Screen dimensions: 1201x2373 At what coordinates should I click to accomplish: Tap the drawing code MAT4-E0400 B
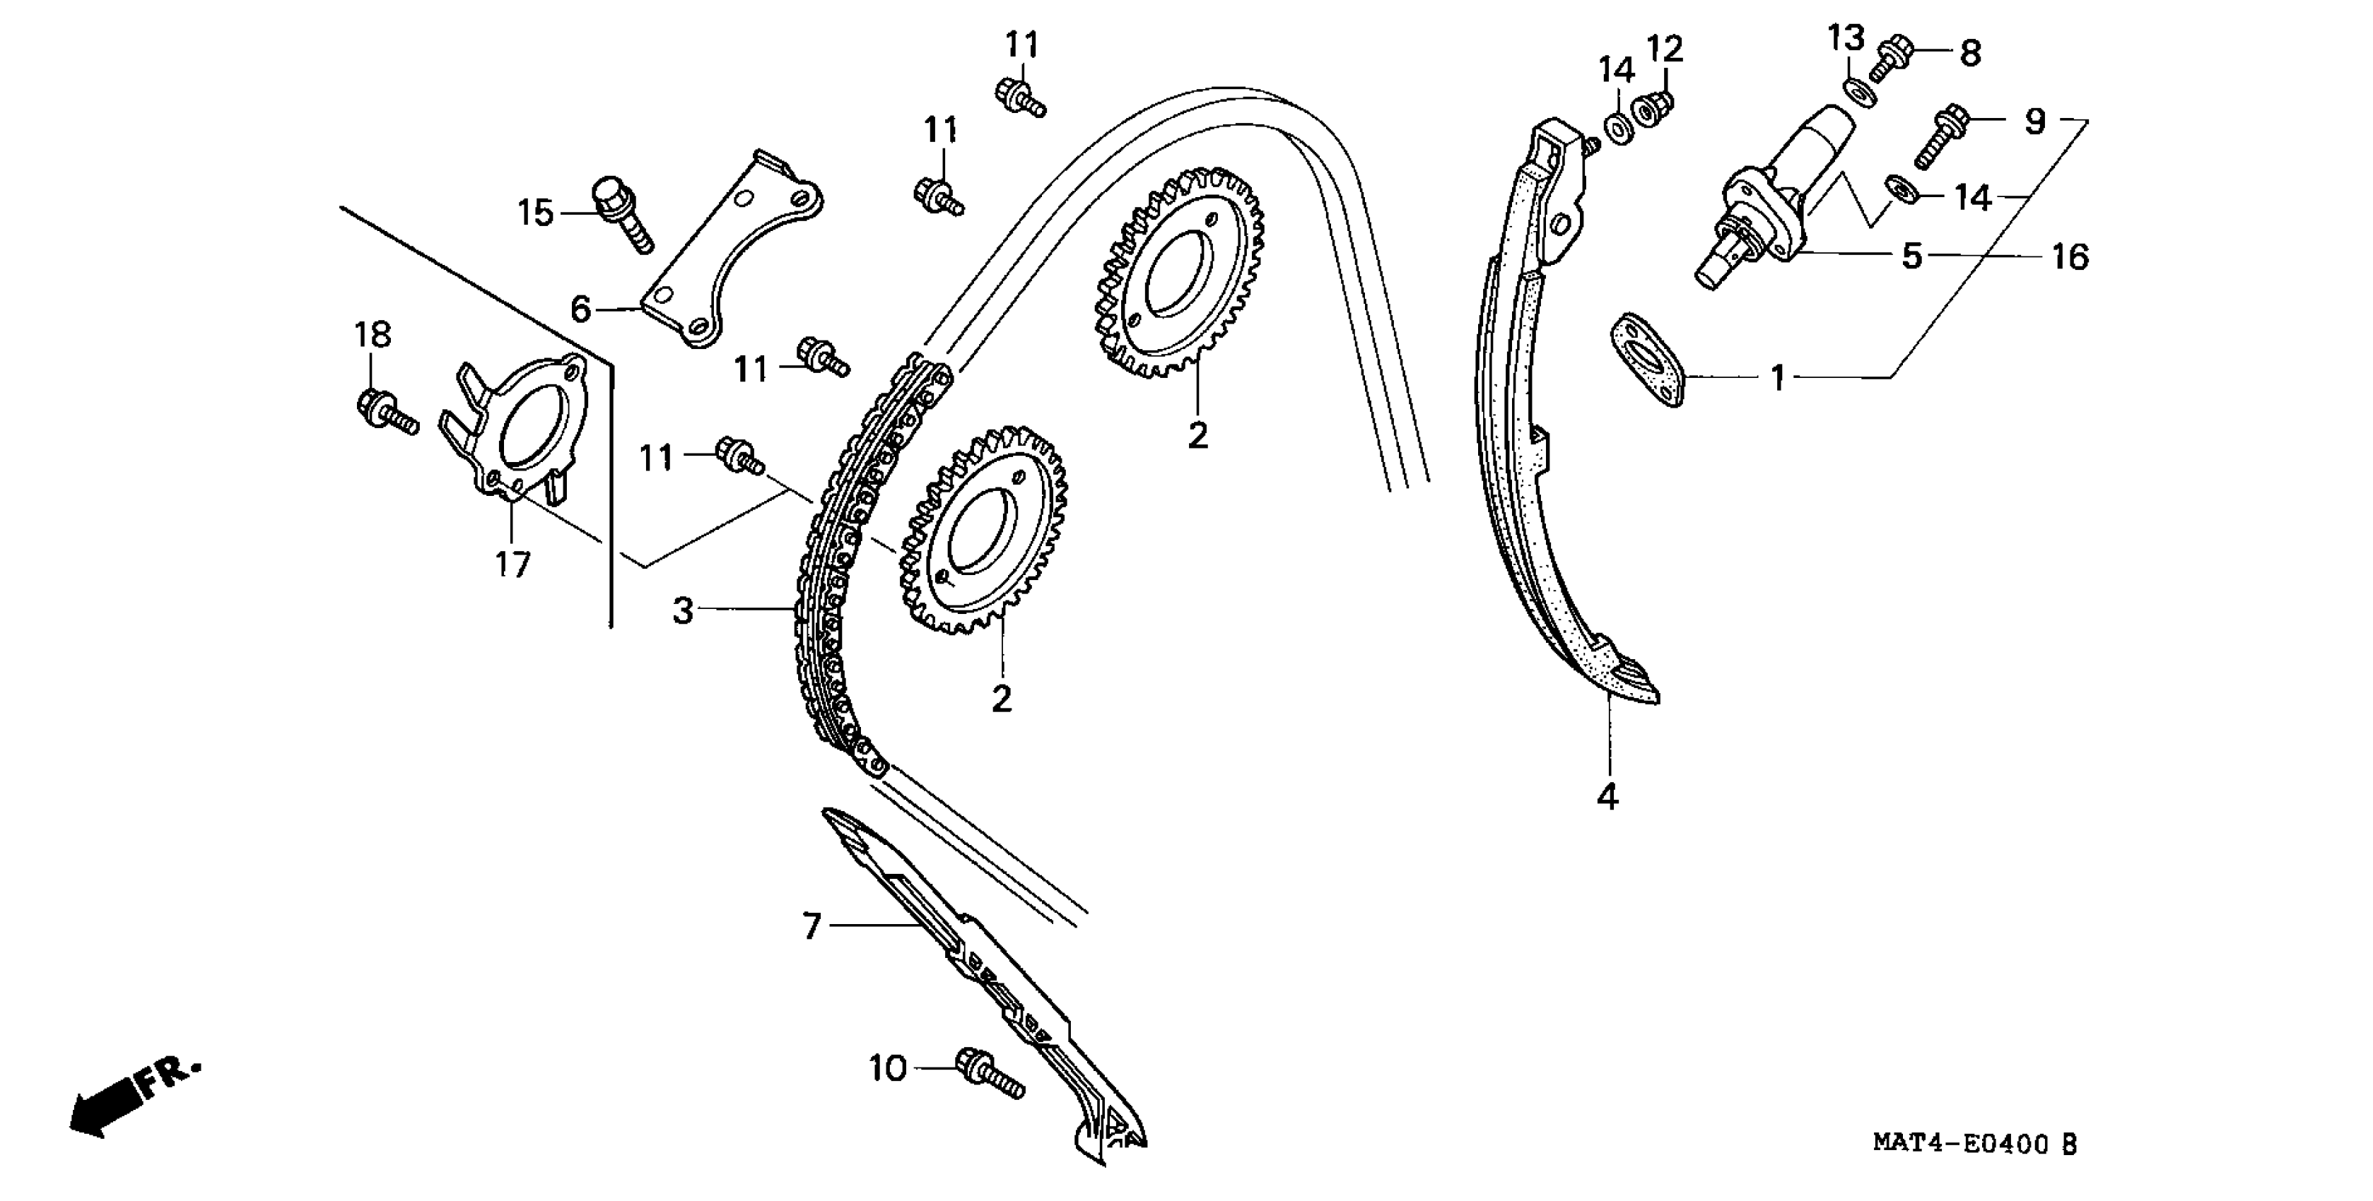(1974, 1144)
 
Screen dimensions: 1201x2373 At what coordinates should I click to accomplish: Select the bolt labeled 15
(623, 213)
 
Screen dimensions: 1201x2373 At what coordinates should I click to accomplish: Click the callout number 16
(2069, 257)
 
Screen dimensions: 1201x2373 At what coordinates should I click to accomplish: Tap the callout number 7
(811, 925)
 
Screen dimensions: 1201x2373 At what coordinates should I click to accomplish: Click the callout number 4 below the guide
(1607, 795)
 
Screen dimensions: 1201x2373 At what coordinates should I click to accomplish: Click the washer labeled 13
(1856, 91)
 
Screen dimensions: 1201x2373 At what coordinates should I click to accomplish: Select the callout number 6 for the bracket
(580, 309)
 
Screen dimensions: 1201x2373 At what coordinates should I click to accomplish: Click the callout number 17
(513, 564)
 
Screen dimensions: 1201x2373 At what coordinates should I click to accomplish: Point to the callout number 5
(1911, 256)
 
